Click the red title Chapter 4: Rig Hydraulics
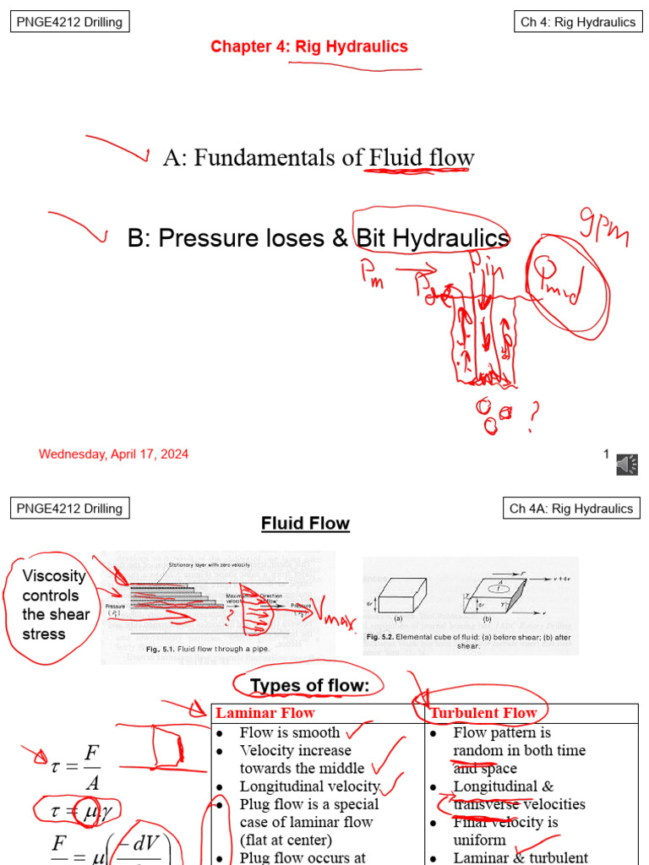pos(309,46)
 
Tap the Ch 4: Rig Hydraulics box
pos(577,22)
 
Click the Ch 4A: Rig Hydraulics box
pos(570,508)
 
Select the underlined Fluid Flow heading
pos(305,524)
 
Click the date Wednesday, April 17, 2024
pos(113,454)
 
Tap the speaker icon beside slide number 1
pos(626,463)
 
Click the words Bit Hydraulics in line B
pos(433,238)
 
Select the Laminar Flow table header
pos(265,713)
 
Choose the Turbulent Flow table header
pos(483,713)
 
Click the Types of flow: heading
pos(309,686)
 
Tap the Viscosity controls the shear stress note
pos(56,605)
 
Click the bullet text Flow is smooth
pos(290,732)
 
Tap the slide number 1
pos(606,454)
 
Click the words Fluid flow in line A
pos(421,158)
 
